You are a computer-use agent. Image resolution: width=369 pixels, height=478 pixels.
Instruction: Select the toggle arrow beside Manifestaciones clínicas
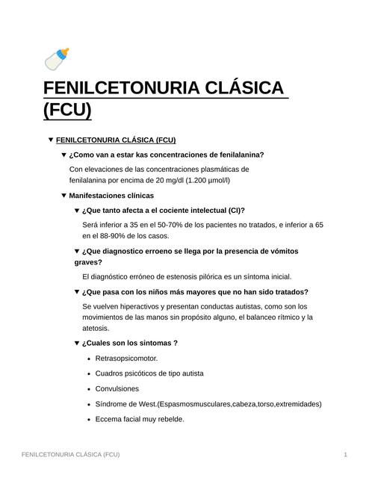click(x=63, y=196)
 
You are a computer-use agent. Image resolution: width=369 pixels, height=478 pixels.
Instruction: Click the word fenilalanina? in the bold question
click(x=238, y=155)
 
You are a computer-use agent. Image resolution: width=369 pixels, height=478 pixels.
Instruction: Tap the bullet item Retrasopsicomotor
click(x=126, y=358)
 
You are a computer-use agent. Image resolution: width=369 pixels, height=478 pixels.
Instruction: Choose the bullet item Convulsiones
click(x=117, y=388)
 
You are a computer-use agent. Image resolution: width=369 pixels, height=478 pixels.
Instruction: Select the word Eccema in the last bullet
click(x=109, y=419)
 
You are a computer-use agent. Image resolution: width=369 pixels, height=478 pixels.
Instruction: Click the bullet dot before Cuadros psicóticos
click(x=88, y=373)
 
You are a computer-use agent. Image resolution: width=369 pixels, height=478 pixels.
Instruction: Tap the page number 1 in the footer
click(x=346, y=454)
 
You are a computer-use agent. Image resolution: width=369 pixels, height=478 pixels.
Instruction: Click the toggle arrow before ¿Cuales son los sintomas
click(x=76, y=343)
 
